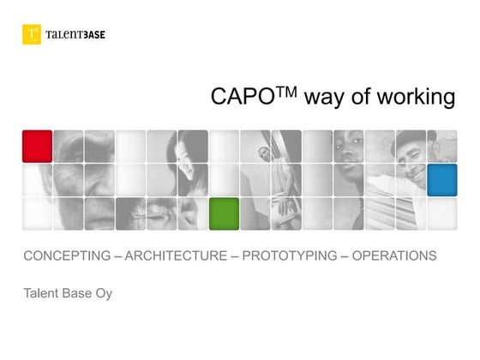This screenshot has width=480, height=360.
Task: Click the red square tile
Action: (37, 147)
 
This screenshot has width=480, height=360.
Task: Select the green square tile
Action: (224, 213)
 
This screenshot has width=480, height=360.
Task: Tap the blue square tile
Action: (441, 180)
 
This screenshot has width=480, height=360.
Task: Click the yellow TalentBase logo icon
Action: (32, 34)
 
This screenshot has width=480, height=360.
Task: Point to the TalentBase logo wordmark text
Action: (75, 34)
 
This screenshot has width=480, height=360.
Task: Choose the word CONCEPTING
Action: (67, 255)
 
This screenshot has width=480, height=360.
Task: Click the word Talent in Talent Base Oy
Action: (42, 293)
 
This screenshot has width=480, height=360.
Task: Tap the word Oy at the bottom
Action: (103, 294)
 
